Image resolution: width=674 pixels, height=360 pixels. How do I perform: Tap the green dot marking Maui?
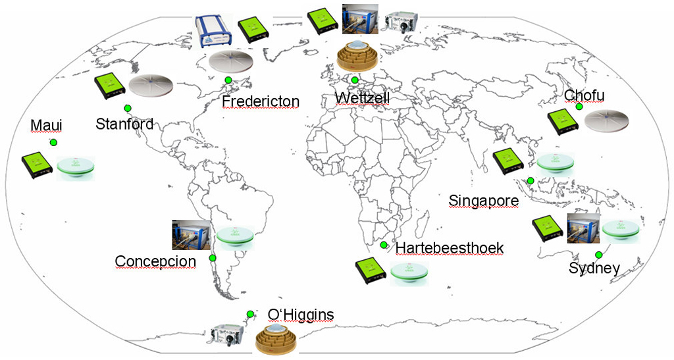click(x=54, y=142)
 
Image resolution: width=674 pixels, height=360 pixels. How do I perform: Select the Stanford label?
click(x=124, y=124)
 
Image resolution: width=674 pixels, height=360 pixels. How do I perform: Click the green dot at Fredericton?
click(x=228, y=80)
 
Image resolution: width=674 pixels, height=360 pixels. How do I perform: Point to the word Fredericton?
click(x=261, y=101)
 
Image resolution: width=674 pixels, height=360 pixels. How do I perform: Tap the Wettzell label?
click(x=362, y=98)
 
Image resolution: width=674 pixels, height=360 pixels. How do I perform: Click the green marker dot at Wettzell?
click(x=355, y=80)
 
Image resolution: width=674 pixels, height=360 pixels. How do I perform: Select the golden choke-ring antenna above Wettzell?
click(x=355, y=57)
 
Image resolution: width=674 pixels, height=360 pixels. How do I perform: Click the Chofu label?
click(x=584, y=96)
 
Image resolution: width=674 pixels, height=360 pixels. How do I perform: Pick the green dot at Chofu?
click(x=579, y=107)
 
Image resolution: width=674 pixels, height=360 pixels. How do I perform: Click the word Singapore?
click(x=484, y=200)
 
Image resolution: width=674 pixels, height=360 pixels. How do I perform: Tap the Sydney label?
click(x=594, y=269)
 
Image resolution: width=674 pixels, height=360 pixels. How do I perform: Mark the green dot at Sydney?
click(x=599, y=255)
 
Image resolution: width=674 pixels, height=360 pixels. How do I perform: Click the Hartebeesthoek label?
click(x=450, y=248)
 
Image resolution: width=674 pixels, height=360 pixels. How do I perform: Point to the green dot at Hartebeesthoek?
click(x=384, y=245)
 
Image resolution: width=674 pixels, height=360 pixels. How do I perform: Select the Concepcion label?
click(x=155, y=261)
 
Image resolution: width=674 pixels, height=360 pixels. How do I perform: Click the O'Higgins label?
click(x=301, y=315)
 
